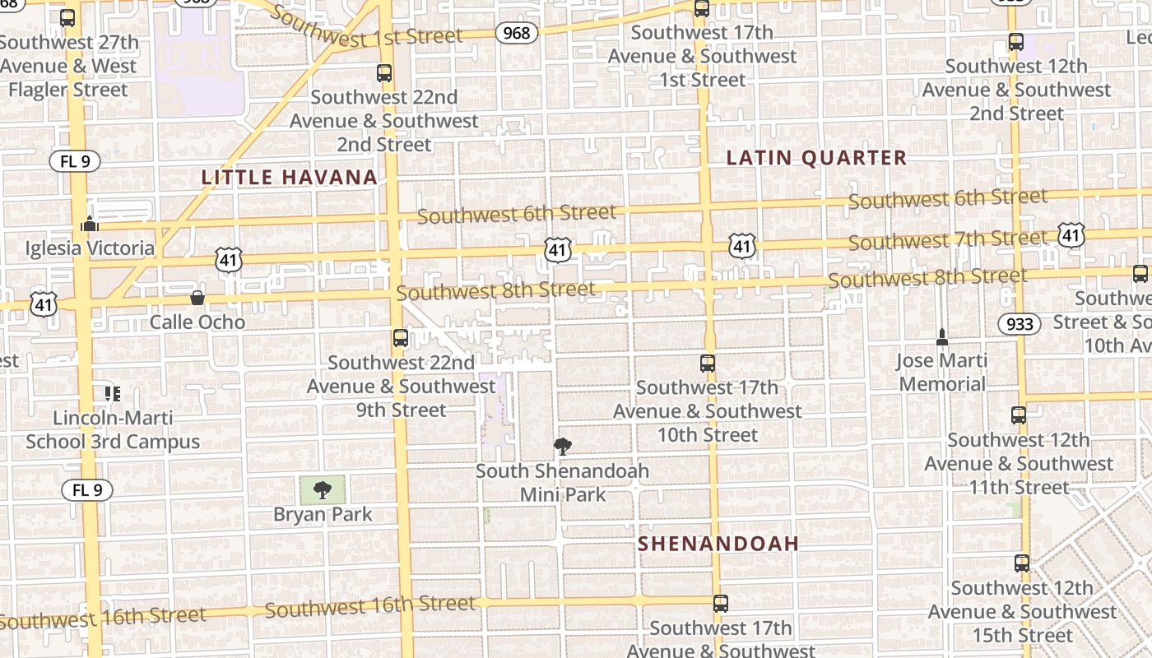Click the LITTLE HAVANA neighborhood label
click(289, 177)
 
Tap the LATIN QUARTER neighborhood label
click(816, 158)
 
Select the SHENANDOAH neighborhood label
click(718, 544)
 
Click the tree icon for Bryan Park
click(323, 490)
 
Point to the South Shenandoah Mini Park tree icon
click(563, 447)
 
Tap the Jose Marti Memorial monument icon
click(942, 336)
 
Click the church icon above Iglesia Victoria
click(90, 224)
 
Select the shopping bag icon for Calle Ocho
click(197, 297)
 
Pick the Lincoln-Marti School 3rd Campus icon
click(113, 393)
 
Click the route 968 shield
click(517, 33)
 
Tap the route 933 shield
click(1020, 324)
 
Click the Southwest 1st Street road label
click(366, 28)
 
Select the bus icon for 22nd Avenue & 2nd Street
click(384, 73)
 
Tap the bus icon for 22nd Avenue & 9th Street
click(401, 338)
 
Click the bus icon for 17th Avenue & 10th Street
click(708, 363)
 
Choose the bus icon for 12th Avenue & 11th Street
click(1019, 415)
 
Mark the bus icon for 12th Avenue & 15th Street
click(1022, 563)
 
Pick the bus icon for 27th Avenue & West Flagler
click(68, 18)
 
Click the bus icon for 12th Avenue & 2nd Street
click(1016, 42)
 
